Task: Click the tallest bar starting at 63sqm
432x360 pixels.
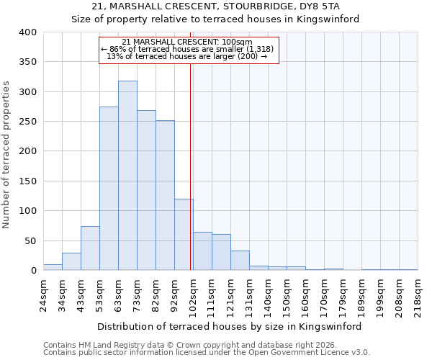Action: click(x=127, y=176)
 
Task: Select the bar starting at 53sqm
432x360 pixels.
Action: click(x=109, y=189)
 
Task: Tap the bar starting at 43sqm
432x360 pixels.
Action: click(x=90, y=248)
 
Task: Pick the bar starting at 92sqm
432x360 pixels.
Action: click(x=184, y=235)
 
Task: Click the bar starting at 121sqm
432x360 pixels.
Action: click(x=240, y=261)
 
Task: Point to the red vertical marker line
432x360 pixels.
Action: click(x=190, y=166)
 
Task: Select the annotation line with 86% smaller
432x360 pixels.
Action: click(x=187, y=49)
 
